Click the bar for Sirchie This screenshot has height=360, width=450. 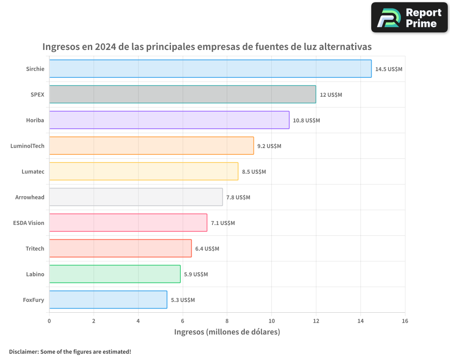coord(210,69)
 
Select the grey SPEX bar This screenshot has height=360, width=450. coord(182,94)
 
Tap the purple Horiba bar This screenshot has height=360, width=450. coord(169,120)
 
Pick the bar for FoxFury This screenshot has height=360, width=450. coord(108,300)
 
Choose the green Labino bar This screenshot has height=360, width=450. coord(115,274)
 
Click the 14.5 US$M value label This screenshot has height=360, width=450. coord(389,69)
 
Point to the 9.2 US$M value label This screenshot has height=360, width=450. coord(269,146)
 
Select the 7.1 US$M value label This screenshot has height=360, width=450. coord(223,223)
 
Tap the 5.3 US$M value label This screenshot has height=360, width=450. coord(183,300)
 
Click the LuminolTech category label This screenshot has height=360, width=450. coord(27,146)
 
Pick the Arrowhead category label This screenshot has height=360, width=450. coord(30,197)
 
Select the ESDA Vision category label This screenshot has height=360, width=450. coord(29,223)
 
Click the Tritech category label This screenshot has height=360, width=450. coord(35,248)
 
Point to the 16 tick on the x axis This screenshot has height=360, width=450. coord(405,321)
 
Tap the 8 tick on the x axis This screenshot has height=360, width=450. coord(227,321)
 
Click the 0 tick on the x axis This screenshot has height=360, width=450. coord(49,321)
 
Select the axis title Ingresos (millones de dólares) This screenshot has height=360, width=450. coord(227,332)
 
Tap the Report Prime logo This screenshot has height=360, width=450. coord(409,18)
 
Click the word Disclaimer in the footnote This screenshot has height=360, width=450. coord(23,351)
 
